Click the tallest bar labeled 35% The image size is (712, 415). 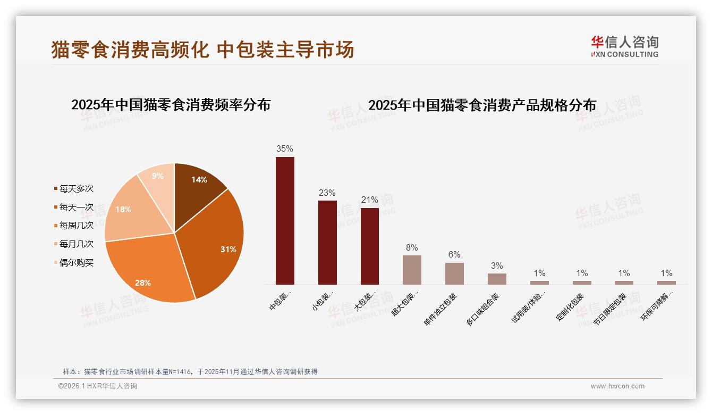(x=285, y=221)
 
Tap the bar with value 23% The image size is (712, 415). (x=327, y=243)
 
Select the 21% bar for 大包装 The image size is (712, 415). (x=370, y=246)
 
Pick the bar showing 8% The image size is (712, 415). (x=412, y=270)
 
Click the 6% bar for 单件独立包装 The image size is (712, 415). (x=454, y=273)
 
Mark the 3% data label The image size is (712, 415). (x=497, y=266)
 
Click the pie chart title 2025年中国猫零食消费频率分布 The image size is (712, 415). (x=171, y=105)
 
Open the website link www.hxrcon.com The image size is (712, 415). (x=617, y=386)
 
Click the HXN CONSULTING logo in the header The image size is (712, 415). (x=624, y=47)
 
